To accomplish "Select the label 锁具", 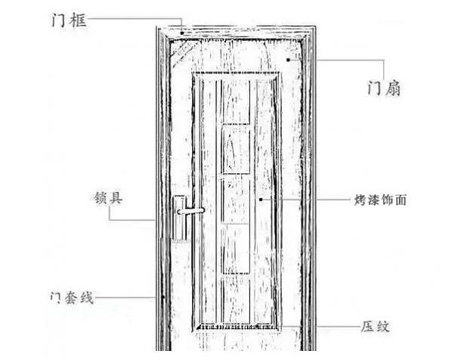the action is tap(105, 199).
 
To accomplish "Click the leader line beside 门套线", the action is tap(128, 298).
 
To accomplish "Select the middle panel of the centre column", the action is tap(235, 200).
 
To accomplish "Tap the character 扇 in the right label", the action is tap(392, 89).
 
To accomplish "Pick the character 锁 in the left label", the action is tap(96, 199).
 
